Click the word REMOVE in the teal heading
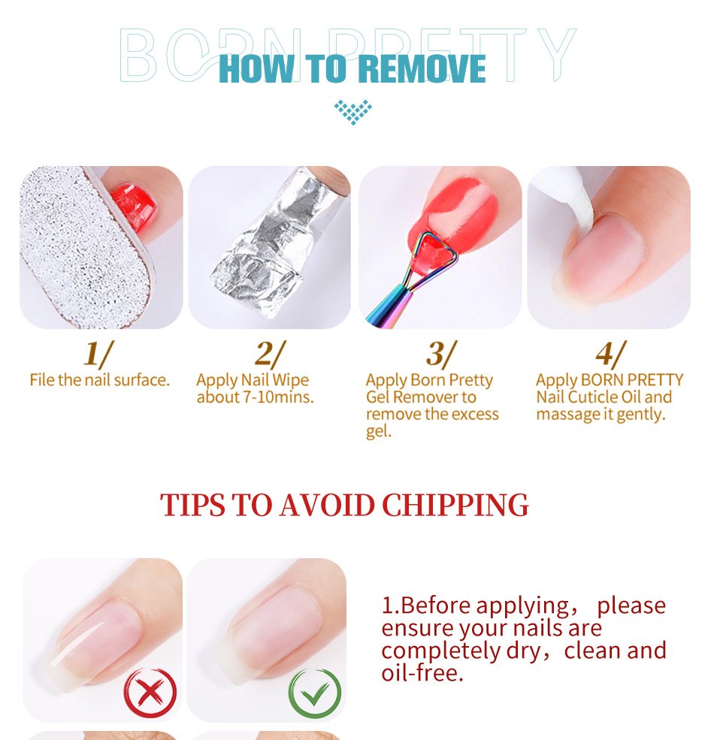tap(422, 69)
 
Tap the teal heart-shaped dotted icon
tap(352, 112)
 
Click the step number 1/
tap(98, 354)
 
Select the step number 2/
tap(270, 354)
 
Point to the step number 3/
tap(441, 354)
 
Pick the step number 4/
tap(610, 354)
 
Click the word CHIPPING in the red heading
tap(455, 505)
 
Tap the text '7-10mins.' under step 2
tap(278, 397)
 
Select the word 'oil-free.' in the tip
tap(422, 672)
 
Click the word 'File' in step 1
tap(41, 380)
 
